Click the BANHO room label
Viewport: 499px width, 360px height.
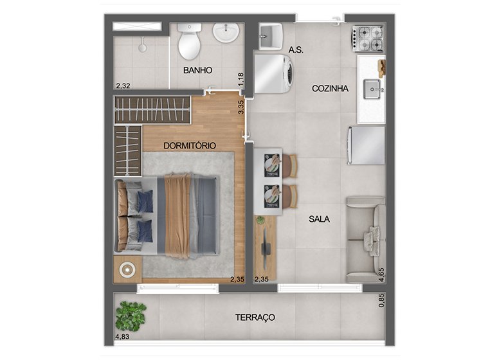coord(197,70)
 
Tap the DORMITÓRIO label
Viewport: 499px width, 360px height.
coord(190,146)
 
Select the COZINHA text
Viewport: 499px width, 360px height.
coord(330,89)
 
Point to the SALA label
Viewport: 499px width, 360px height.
coord(319,219)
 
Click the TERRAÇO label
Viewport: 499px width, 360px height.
coord(255,318)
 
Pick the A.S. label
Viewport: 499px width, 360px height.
coord(296,50)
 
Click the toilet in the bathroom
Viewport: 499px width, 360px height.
coord(189,41)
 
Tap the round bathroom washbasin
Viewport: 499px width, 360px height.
coord(226,32)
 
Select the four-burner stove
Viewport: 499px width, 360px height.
coord(368,39)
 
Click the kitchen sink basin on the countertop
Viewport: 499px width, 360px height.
coord(372,89)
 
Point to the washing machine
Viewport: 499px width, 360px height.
coord(274,74)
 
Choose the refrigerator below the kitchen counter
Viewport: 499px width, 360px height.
coord(366,145)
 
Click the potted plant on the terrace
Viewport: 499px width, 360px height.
coord(131,316)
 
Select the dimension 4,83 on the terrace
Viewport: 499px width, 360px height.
coord(122,336)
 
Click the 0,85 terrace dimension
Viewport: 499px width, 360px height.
coord(381,300)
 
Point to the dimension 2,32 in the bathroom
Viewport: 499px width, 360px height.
coord(123,86)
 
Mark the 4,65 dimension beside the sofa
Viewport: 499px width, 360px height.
coord(381,275)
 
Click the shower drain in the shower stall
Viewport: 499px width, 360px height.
coord(142,48)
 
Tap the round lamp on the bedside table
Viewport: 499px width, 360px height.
coord(127,270)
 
